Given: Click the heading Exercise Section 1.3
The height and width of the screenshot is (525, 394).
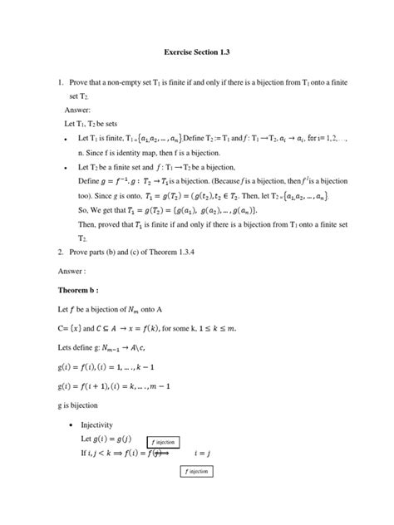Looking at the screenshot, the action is point(196,52).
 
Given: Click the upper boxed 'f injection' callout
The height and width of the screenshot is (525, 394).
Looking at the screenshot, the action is point(166,442).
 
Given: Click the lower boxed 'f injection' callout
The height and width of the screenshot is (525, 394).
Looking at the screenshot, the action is point(197,472).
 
